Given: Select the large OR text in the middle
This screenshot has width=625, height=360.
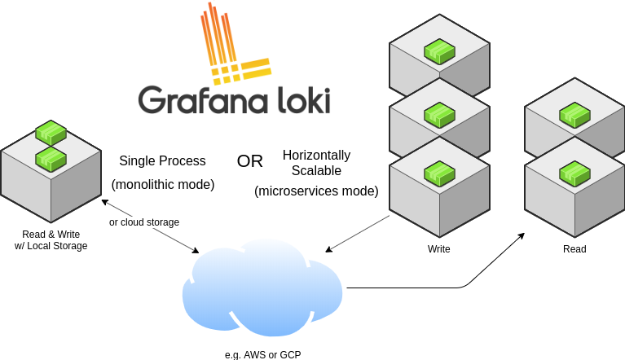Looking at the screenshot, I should tap(250, 161).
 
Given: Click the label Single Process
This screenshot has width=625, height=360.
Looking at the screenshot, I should tap(162, 161).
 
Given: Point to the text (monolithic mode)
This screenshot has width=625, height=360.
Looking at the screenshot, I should tap(162, 185).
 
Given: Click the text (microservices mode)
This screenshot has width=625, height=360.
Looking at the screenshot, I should tap(316, 191).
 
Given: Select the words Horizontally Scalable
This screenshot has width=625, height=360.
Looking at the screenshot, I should tap(316, 162).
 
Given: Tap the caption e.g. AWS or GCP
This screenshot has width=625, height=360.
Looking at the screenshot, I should tap(263, 354).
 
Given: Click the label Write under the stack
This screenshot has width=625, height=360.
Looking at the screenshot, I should tap(438, 249).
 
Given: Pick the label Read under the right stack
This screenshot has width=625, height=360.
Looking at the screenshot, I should tap(574, 249).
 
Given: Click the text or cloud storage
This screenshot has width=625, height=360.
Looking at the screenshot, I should tap(144, 222).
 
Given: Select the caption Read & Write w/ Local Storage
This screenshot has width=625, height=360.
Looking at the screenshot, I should tap(51, 239).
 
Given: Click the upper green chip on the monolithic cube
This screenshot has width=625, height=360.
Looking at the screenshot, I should tap(51, 132).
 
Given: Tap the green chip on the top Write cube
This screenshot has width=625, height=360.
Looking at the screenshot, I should tap(439, 53).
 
